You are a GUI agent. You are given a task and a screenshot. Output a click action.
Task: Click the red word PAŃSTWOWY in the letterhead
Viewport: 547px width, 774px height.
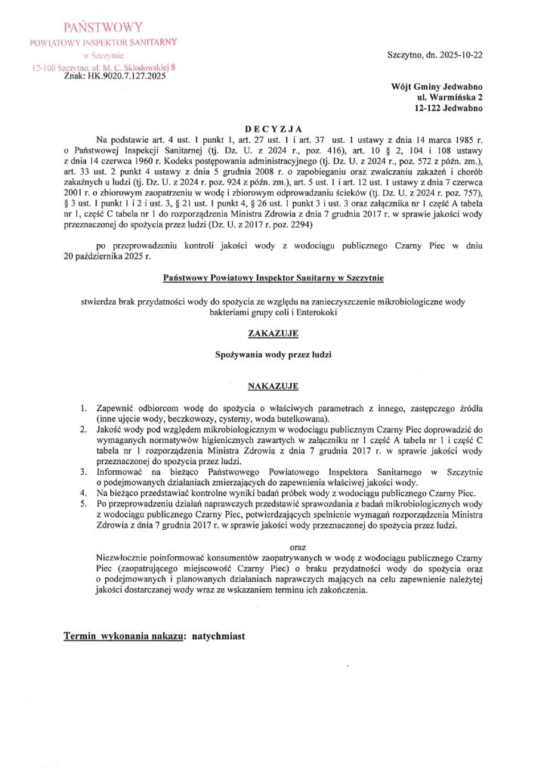pos(102,28)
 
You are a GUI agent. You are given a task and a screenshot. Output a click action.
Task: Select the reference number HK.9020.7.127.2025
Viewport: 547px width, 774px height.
pos(116,76)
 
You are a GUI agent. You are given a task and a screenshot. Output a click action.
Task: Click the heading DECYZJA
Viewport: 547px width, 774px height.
pos(273,128)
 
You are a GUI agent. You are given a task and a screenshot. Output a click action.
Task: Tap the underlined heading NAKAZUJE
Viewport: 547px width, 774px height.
pos(273,386)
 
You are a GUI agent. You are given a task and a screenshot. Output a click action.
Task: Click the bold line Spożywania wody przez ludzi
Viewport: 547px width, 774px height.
pos(273,354)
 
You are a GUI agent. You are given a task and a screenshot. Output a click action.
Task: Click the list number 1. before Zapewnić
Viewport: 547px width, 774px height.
pos(84,409)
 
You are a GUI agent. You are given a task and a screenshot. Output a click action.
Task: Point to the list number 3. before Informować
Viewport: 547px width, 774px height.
pos(84,472)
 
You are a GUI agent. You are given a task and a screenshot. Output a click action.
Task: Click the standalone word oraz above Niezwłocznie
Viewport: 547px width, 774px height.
pos(301,546)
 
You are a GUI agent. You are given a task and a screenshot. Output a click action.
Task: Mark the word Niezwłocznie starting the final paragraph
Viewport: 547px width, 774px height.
pos(116,558)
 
